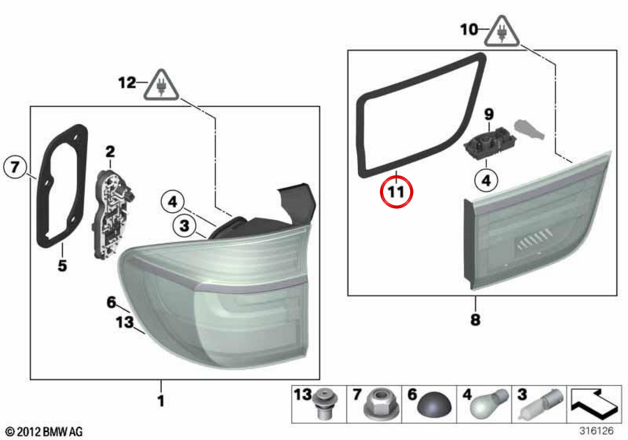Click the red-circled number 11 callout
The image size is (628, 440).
397,192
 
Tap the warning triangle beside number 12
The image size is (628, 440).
161,85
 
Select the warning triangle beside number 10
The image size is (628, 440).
502,32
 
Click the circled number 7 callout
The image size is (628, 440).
15,167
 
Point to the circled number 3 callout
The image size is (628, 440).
184,225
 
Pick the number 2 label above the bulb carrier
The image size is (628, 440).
110,151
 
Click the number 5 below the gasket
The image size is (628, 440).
62,266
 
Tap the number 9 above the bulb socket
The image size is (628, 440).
489,114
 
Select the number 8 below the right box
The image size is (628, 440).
476,320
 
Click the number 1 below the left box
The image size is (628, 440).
161,401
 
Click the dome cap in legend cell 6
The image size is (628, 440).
434,404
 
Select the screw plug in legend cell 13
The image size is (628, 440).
324,404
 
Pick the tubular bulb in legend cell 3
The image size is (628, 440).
541,404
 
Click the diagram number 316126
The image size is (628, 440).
597,431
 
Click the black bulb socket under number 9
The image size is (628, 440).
489,144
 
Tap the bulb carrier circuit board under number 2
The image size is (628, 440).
113,214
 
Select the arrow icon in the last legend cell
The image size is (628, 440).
594,404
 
